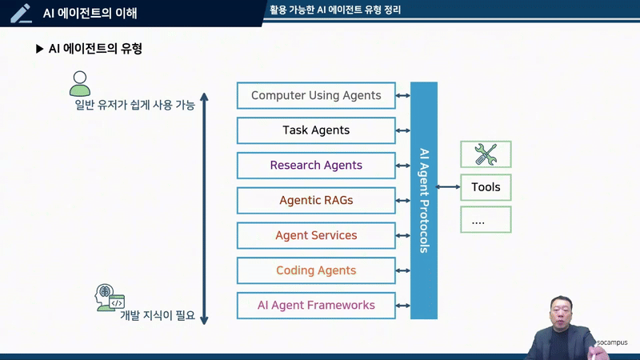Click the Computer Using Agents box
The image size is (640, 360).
point(316,95)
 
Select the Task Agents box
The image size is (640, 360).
point(316,130)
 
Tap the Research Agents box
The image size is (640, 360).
point(316,166)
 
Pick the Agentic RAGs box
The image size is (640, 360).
point(316,200)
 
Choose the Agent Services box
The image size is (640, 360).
point(316,235)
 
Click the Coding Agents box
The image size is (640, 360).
point(316,270)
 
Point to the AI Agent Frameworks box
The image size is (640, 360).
point(316,305)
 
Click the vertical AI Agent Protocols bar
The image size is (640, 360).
point(424,200)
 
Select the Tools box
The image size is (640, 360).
point(486,187)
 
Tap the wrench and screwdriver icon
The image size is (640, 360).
point(486,153)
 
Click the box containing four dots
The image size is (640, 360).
point(486,220)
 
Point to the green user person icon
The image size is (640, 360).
point(78,82)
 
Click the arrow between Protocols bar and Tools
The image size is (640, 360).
point(449,187)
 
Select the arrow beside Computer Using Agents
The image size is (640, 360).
point(403,96)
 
